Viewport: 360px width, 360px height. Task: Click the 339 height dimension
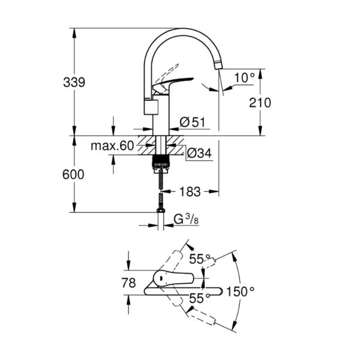point(74,82)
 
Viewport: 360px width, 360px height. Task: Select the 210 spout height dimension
point(260,103)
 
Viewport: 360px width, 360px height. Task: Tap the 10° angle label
point(244,77)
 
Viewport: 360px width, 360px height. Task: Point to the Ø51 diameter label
point(193,122)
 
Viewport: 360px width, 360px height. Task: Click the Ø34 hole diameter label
point(199,153)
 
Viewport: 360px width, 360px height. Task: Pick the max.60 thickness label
point(112,146)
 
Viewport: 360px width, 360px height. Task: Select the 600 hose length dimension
point(73,175)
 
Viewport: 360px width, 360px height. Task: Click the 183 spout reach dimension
point(190,191)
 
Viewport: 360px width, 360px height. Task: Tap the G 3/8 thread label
point(186,220)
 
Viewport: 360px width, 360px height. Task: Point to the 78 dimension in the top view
point(128,283)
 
